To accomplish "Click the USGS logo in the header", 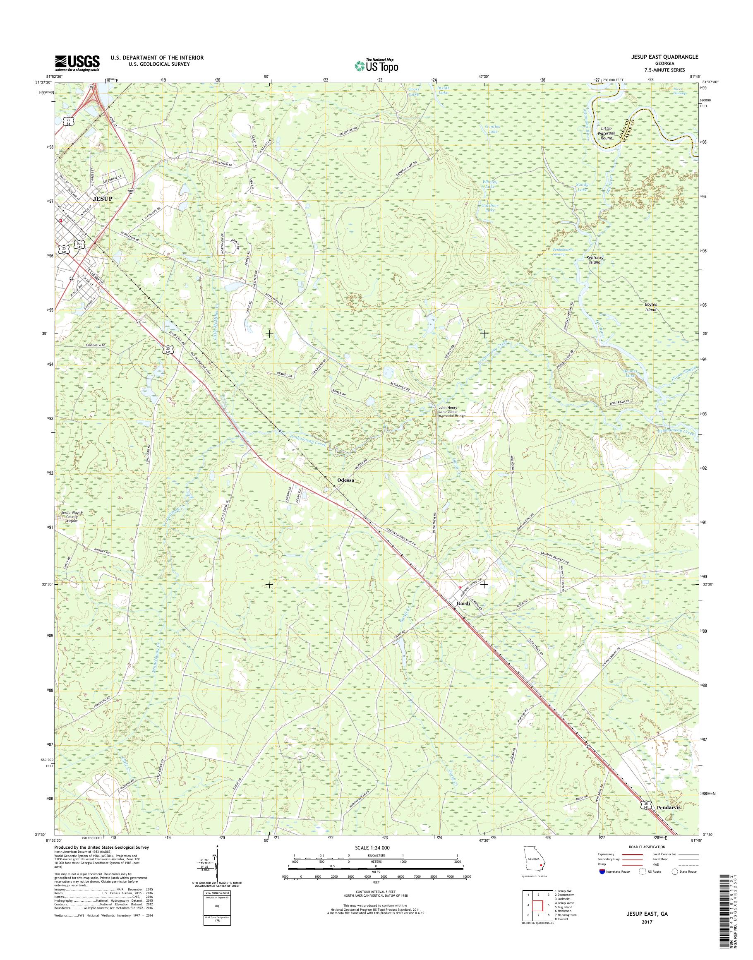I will click(x=77, y=63).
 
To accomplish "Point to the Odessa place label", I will click(x=345, y=479).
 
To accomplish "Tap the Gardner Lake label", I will click(x=489, y=208).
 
